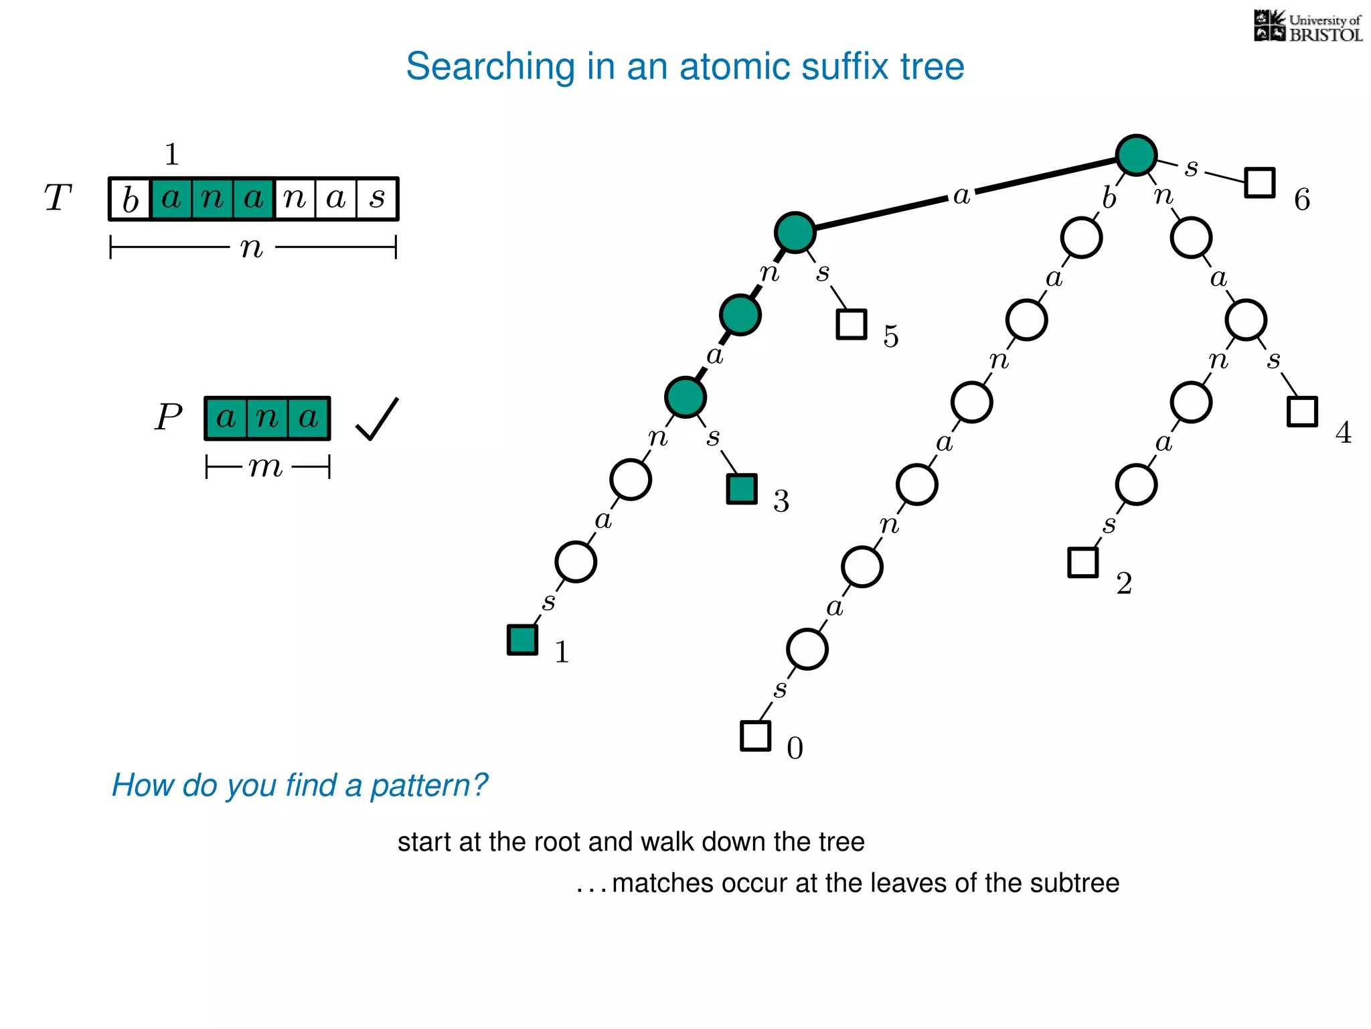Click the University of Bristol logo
click(x=1307, y=27)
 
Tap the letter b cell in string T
click(x=131, y=199)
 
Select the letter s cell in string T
click(x=378, y=199)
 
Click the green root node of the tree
click(x=1136, y=155)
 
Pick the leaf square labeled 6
click(x=1259, y=182)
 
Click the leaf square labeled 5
click(x=852, y=324)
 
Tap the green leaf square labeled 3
click(x=742, y=489)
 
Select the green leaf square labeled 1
click(x=522, y=640)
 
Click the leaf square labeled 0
click(x=755, y=736)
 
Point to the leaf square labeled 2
click(x=1082, y=562)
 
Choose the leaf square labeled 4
click(x=1302, y=411)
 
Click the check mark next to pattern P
click(x=377, y=419)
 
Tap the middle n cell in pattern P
click(x=267, y=418)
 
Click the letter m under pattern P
click(x=266, y=466)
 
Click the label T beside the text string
click(x=58, y=198)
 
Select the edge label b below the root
click(x=1109, y=198)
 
